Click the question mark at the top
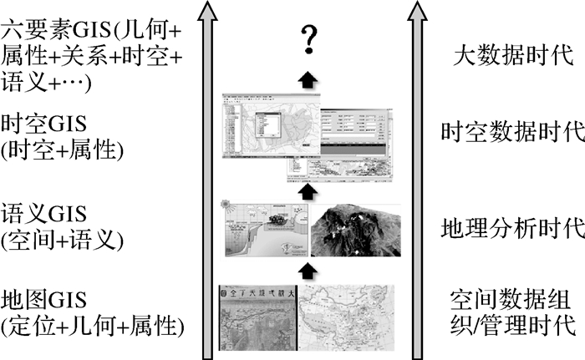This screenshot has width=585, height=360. pyautogui.click(x=310, y=38)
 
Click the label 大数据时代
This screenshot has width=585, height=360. pyautogui.click(x=512, y=56)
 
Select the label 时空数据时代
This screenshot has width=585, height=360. pyautogui.click(x=512, y=132)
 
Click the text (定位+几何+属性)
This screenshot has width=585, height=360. pyautogui.click(x=93, y=326)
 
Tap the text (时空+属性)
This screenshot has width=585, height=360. pyautogui.click(x=63, y=150)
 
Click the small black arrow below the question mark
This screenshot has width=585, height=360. pyautogui.click(x=310, y=79)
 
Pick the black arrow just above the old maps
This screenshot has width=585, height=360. pyautogui.click(x=310, y=270)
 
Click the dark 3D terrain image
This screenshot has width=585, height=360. pyautogui.click(x=355, y=230)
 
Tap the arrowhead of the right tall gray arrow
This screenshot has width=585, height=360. pyautogui.click(x=418, y=10)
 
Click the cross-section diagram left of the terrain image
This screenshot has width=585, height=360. pyautogui.click(x=266, y=230)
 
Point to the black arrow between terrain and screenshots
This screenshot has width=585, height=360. pyautogui.click(x=310, y=191)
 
